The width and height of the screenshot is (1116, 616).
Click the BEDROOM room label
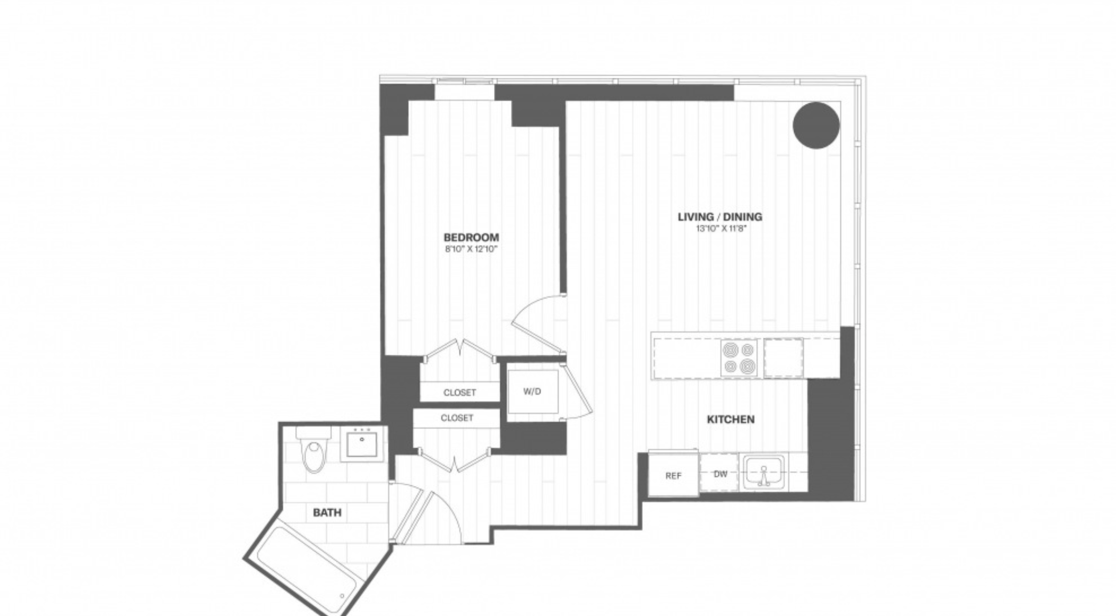pyautogui.click(x=471, y=237)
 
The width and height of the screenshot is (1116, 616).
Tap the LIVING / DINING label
pyautogui.click(x=720, y=217)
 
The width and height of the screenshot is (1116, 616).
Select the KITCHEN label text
pyautogui.click(x=731, y=419)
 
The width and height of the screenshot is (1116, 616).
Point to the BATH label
pyautogui.click(x=327, y=513)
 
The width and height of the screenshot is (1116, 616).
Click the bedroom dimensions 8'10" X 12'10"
pyautogui.click(x=471, y=249)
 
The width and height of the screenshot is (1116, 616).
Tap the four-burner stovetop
pyautogui.click(x=739, y=358)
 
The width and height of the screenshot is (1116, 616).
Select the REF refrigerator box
pyautogui.click(x=673, y=474)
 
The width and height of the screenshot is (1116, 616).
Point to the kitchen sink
pyautogui.click(x=764, y=472)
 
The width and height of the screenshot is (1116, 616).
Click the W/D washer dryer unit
pyautogui.click(x=532, y=392)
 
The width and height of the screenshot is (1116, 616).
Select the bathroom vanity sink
pyautogui.click(x=362, y=444)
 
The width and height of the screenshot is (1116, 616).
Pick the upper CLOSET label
pyautogui.click(x=459, y=393)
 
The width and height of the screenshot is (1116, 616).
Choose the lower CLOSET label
pyautogui.click(x=457, y=418)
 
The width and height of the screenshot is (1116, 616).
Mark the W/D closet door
pyautogui.click(x=578, y=387)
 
